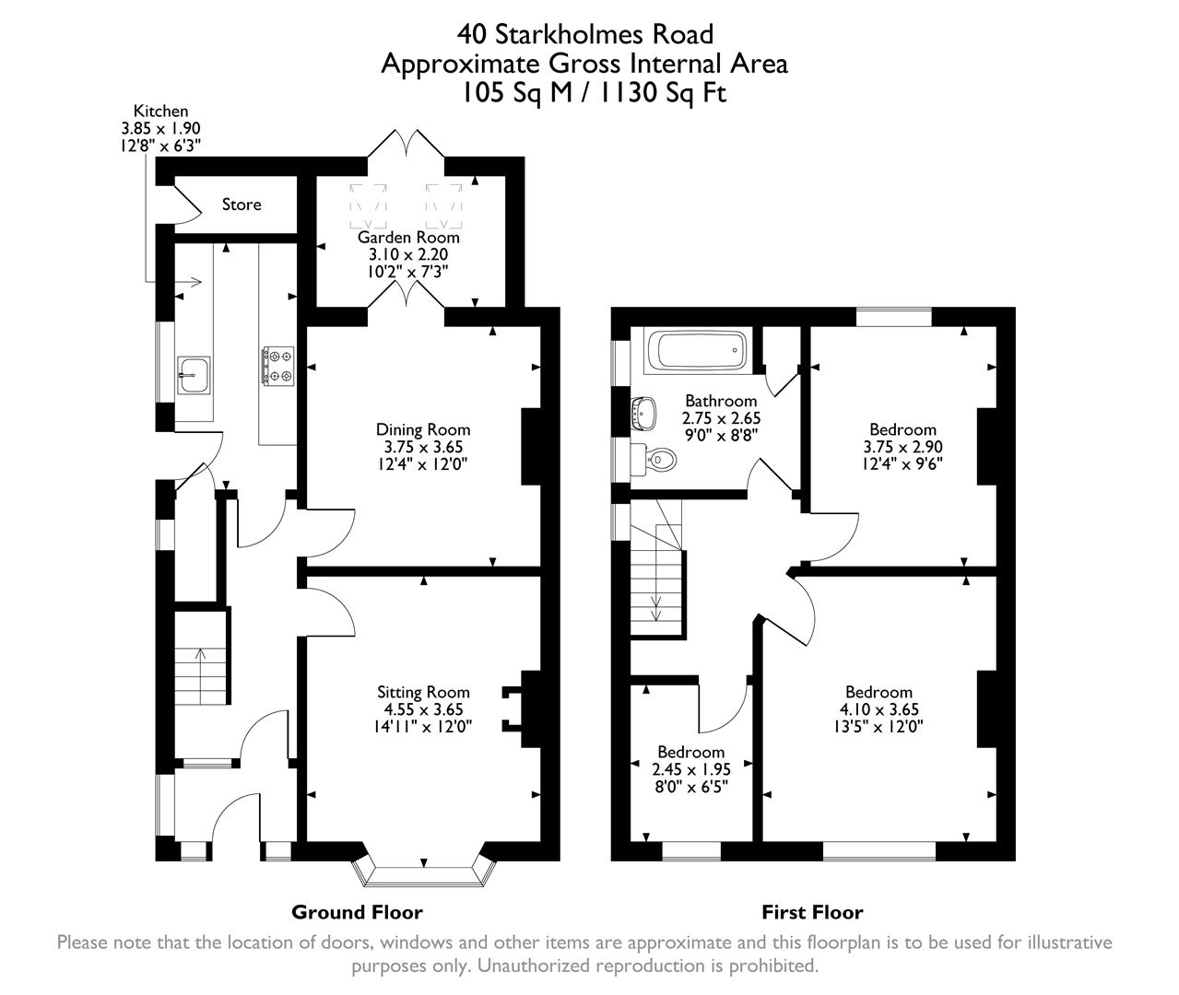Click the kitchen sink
click(194, 375)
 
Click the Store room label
click(242, 205)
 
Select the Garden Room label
click(408, 237)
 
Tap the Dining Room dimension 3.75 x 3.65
click(422, 447)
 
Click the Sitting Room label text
click(423, 692)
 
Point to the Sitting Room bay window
click(424, 872)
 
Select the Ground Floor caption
click(357, 912)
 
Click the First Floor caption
click(811, 912)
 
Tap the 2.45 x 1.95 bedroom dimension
click(690, 769)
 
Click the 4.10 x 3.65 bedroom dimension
click(878, 709)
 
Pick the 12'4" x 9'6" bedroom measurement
click(902, 463)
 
